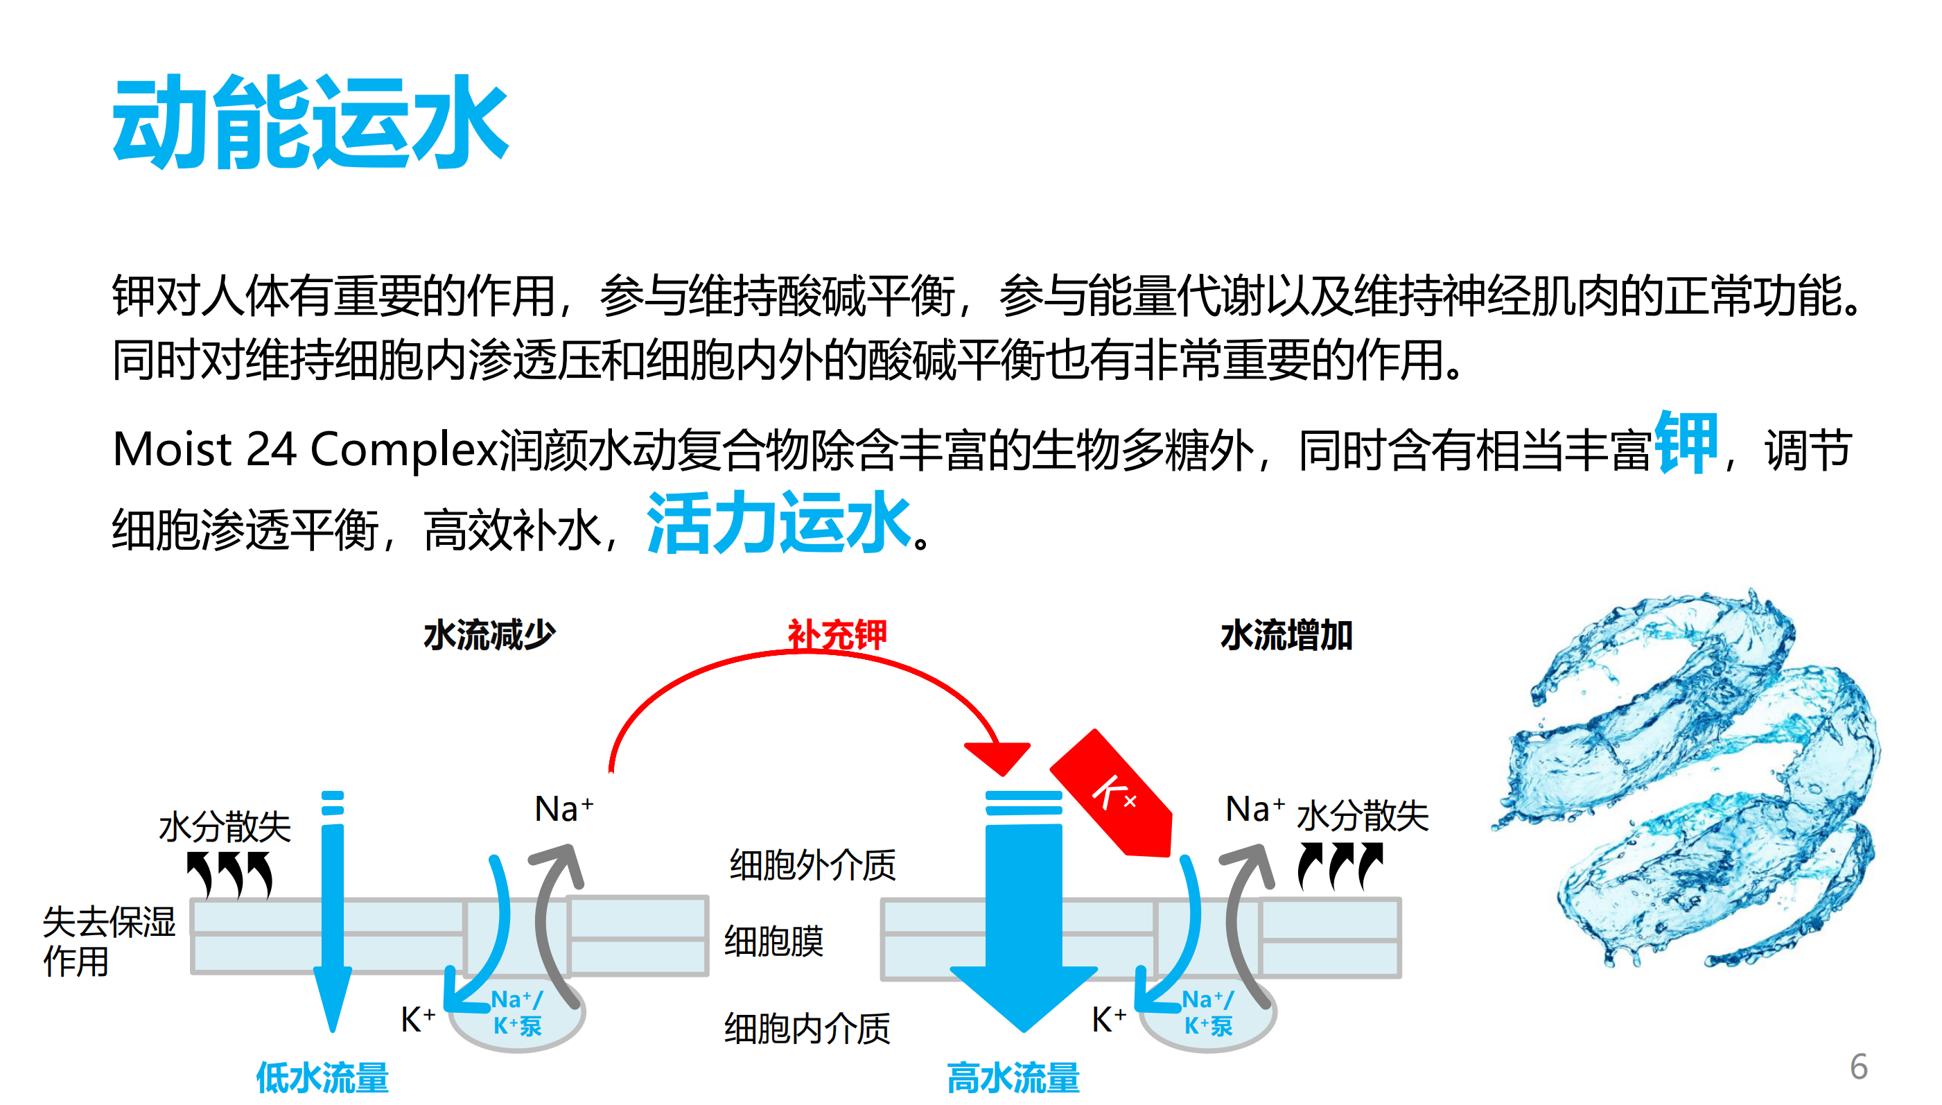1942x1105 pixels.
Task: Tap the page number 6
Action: click(1858, 1066)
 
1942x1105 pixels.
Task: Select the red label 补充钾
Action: click(836, 634)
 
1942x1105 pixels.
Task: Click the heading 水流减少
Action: click(489, 634)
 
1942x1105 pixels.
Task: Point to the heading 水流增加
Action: click(1286, 634)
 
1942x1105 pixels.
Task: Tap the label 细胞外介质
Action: click(812, 864)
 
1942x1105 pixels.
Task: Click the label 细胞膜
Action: click(773, 941)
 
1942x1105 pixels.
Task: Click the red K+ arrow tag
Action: click(1114, 794)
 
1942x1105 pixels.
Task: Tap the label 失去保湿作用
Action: click(109, 941)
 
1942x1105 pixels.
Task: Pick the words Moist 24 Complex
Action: click(304, 449)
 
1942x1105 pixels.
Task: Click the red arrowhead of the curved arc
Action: click(999, 756)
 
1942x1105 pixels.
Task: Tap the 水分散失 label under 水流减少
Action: click(225, 826)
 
